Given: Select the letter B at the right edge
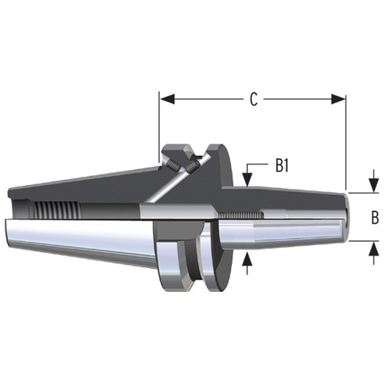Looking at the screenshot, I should tap(374, 217).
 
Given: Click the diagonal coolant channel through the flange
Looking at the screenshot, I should tap(165, 189).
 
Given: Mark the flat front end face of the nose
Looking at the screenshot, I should tap(346, 217).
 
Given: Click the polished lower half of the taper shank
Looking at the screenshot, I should tap(77, 238).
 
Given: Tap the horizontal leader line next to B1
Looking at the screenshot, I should tap(262, 166).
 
